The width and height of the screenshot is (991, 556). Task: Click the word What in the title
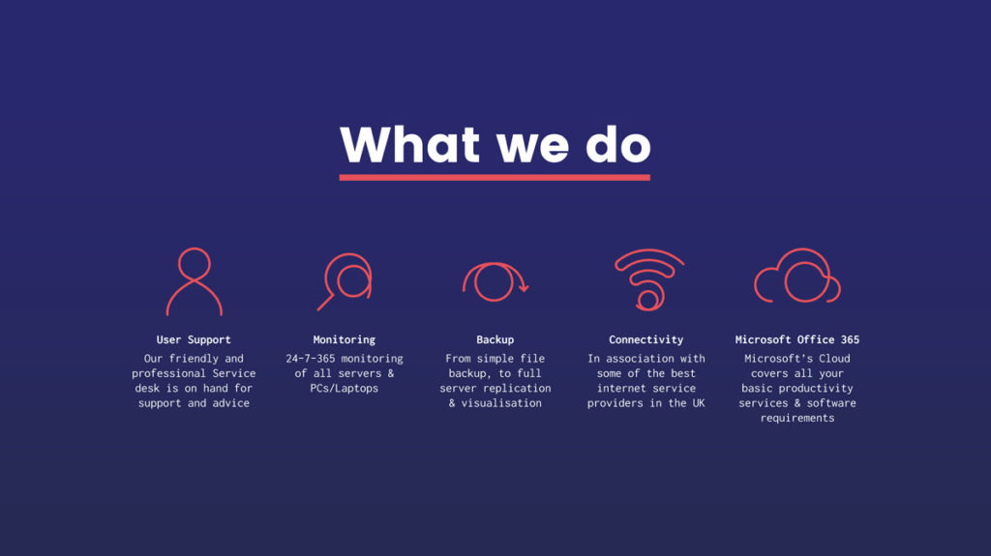409,145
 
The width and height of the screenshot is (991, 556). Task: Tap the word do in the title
618,146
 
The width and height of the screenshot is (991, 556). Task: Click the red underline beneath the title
495,178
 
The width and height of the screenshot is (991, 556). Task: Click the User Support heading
194,340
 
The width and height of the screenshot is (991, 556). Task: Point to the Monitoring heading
344,340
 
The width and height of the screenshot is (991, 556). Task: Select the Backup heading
495,340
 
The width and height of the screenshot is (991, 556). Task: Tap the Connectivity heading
646,340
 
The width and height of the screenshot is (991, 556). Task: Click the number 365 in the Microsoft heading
850,340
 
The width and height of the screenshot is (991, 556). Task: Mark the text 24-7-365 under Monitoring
311,358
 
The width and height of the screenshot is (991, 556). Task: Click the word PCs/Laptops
344,389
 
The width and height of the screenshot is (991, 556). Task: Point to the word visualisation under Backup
501,403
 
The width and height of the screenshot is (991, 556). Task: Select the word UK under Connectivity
699,403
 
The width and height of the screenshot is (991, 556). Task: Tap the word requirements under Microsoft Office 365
797,419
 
